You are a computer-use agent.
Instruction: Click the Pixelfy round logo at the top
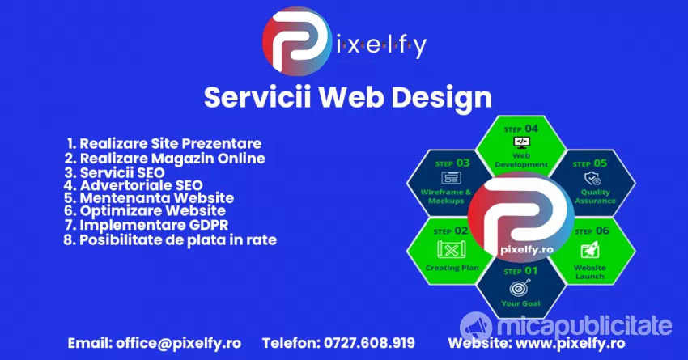coord(297,41)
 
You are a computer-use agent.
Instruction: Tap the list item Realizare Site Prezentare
coord(164,143)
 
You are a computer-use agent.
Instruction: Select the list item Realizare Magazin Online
coord(164,159)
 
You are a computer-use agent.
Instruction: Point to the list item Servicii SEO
coord(114,172)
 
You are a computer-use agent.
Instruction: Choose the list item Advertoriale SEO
coord(133,185)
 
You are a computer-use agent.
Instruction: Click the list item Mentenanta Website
coord(149,197)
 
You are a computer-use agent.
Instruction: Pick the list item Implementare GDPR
coord(147,225)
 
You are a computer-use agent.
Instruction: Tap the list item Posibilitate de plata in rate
coord(170,239)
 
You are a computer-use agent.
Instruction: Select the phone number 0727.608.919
coord(369,343)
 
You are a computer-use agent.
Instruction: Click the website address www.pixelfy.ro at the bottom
coord(571,343)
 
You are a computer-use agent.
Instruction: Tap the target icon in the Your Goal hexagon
coord(520,288)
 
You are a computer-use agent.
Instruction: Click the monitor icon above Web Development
coord(521,142)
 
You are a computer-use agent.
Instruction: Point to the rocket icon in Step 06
coord(590,251)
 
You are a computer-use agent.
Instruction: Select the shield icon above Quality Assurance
coord(592,179)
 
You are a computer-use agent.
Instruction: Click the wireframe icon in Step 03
coord(451,178)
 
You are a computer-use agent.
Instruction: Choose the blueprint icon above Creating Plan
coord(452,250)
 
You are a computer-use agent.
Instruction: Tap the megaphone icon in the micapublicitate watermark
coord(476,327)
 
